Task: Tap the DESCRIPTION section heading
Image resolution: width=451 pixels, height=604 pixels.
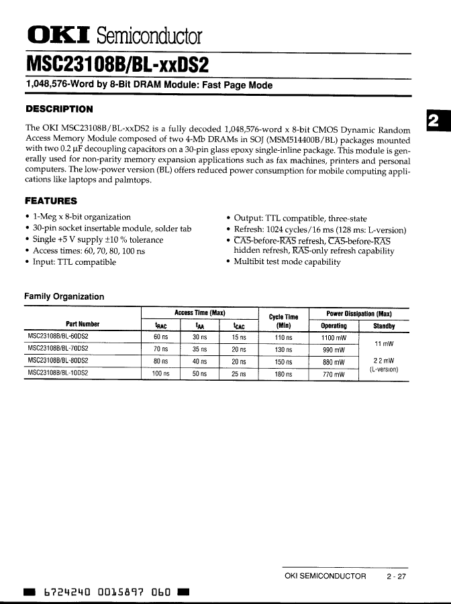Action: point(59,109)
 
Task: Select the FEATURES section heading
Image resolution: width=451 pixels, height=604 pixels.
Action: point(51,200)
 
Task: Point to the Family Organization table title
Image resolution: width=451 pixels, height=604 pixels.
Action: point(64,296)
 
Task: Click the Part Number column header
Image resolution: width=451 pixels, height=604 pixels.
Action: point(83,326)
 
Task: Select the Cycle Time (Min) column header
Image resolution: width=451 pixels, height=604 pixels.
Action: point(283,320)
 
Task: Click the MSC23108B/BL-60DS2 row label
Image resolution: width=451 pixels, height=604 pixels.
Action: point(60,337)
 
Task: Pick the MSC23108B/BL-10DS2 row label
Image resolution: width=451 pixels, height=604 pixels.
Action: point(60,373)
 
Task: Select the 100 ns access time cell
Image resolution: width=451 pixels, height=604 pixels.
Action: point(160,373)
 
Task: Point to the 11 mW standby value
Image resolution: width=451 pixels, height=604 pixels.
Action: point(384,344)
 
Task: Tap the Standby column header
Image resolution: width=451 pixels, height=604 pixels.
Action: point(384,326)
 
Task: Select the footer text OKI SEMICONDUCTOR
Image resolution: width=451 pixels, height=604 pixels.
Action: point(325,576)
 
